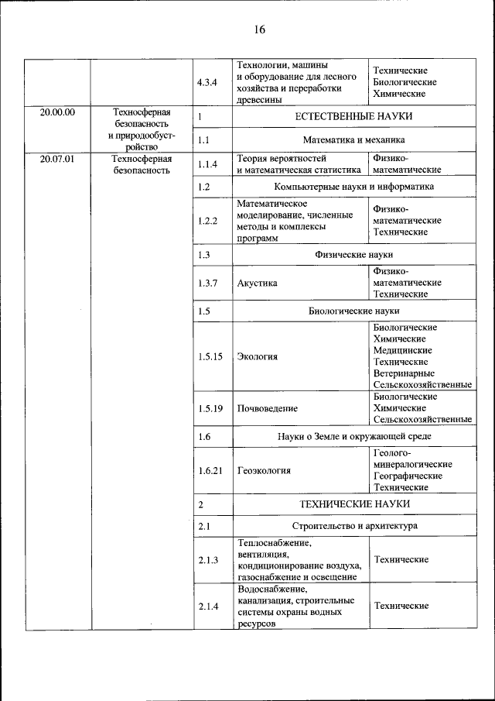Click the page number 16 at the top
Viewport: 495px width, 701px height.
point(258,29)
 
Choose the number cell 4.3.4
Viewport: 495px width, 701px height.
point(207,82)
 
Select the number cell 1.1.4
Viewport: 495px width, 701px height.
point(207,164)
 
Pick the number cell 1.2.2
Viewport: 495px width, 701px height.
point(207,221)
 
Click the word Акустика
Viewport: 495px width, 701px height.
point(257,283)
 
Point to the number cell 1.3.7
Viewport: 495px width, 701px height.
point(207,283)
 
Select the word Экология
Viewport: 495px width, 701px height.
point(257,357)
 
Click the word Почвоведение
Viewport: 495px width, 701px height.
point(268,408)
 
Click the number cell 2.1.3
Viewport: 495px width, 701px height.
point(207,560)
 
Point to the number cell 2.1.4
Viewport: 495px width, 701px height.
point(207,606)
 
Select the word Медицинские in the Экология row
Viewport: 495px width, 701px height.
point(402,351)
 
